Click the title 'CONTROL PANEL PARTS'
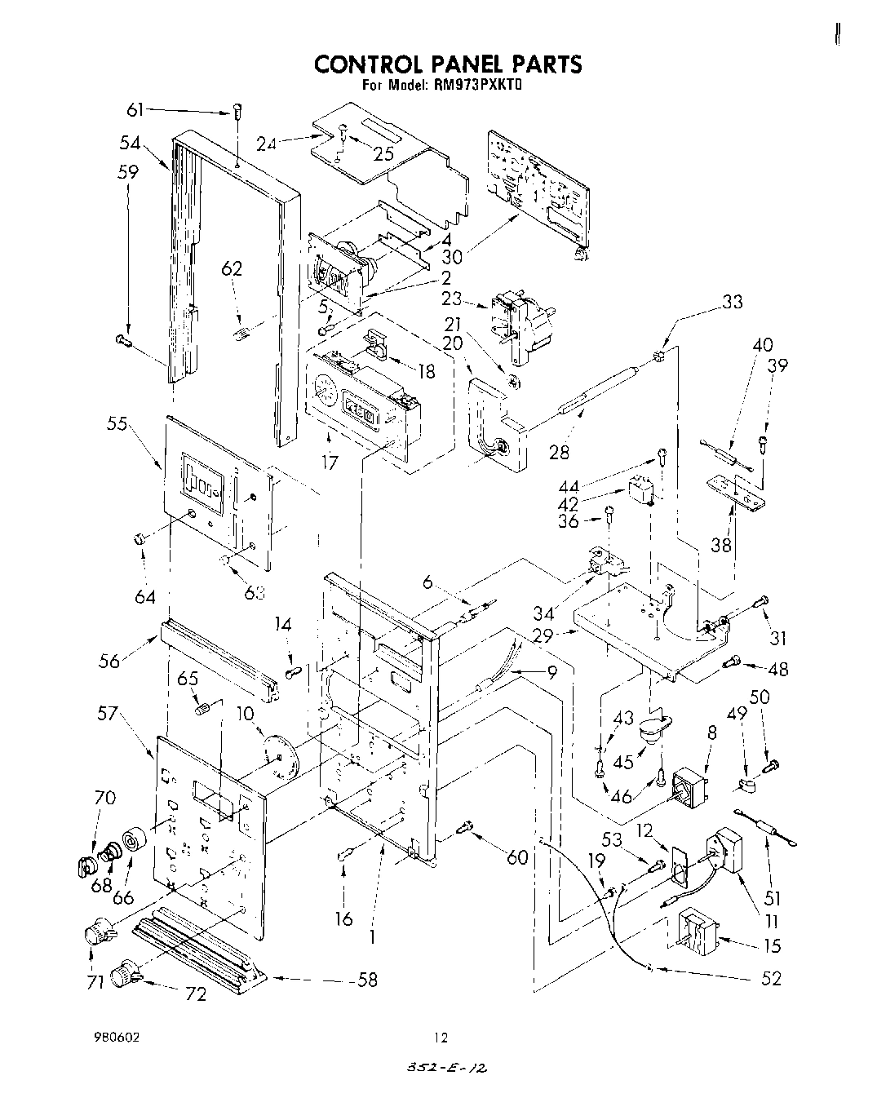(x=448, y=64)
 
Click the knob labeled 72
(x=126, y=970)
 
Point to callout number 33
(x=732, y=302)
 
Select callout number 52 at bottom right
(x=770, y=978)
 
